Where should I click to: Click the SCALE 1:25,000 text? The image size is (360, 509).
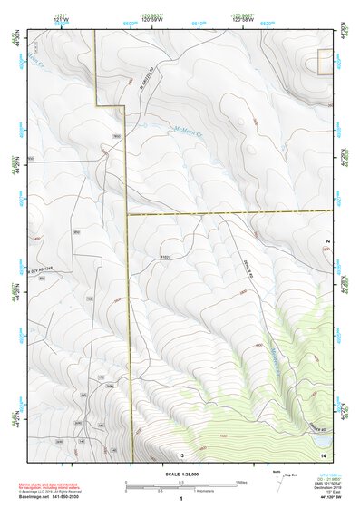click(x=181, y=475)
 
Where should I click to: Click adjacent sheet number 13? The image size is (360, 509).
click(x=181, y=453)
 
